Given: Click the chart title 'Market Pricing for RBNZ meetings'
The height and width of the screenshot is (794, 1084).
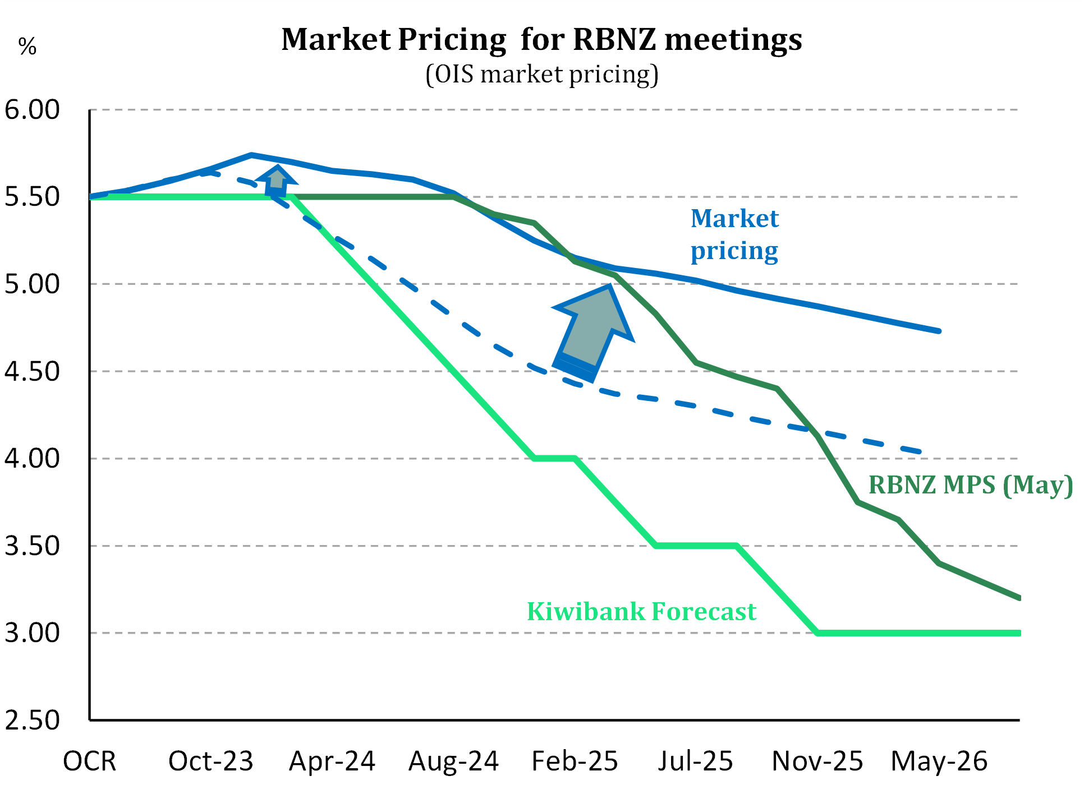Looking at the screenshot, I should click(541, 40).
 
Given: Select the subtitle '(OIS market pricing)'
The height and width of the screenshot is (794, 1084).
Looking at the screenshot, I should click(542, 75).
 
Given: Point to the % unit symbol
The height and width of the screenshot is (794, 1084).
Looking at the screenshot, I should click(27, 46).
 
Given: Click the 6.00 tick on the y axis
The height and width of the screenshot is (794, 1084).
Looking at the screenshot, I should click(32, 110).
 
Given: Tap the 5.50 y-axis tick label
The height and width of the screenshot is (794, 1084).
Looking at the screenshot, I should click(32, 197).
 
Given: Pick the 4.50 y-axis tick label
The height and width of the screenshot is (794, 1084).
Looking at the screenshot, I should click(32, 371).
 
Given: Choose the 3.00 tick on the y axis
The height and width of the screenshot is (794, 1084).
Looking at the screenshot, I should click(32, 633).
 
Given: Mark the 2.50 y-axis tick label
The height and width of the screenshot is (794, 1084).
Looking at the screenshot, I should click(32, 720).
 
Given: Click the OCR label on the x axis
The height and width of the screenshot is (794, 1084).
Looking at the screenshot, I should click(90, 761).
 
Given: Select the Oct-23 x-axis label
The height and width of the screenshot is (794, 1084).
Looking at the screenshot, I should click(211, 761).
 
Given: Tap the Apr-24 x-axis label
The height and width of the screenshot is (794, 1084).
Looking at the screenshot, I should click(332, 761).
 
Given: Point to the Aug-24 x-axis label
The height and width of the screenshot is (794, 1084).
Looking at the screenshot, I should click(453, 761).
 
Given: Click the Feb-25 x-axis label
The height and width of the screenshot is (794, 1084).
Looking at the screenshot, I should click(575, 761).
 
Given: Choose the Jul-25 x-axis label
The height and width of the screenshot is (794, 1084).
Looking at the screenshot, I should click(696, 761).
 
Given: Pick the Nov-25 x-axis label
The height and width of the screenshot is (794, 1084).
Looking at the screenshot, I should click(817, 761).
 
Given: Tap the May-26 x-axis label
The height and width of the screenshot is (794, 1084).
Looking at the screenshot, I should click(939, 761).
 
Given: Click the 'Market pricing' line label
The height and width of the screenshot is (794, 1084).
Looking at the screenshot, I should click(734, 234).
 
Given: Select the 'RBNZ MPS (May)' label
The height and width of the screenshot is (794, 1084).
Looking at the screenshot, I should click(970, 485).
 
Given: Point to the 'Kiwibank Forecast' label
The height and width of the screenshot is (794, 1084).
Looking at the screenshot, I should click(641, 611).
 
